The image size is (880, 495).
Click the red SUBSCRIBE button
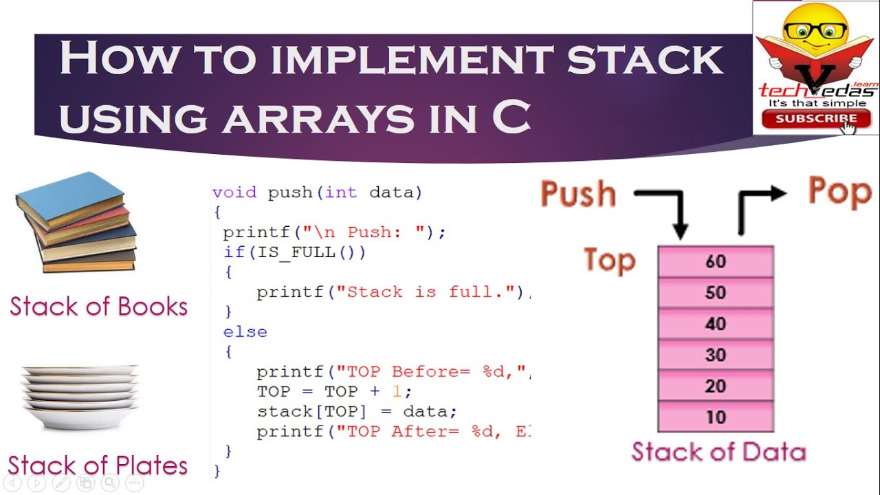click(x=815, y=118)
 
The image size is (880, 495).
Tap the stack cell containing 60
click(x=716, y=262)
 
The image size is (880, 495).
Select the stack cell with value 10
click(x=716, y=417)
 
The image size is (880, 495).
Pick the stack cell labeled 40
click(x=716, y=324)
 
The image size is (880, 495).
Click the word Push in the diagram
click(x=578, y=194)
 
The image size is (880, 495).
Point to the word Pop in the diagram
click(x=839, y=192)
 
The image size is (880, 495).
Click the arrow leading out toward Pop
click(x=756, y=206)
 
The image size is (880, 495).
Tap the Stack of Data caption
click(x=718, y=452)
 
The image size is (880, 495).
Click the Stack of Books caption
click(x=98, y=306)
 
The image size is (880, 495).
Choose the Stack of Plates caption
click(x=98, y=465)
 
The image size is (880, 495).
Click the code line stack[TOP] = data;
click(x=357, y=412)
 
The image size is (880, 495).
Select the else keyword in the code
click(x=245, y=332)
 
